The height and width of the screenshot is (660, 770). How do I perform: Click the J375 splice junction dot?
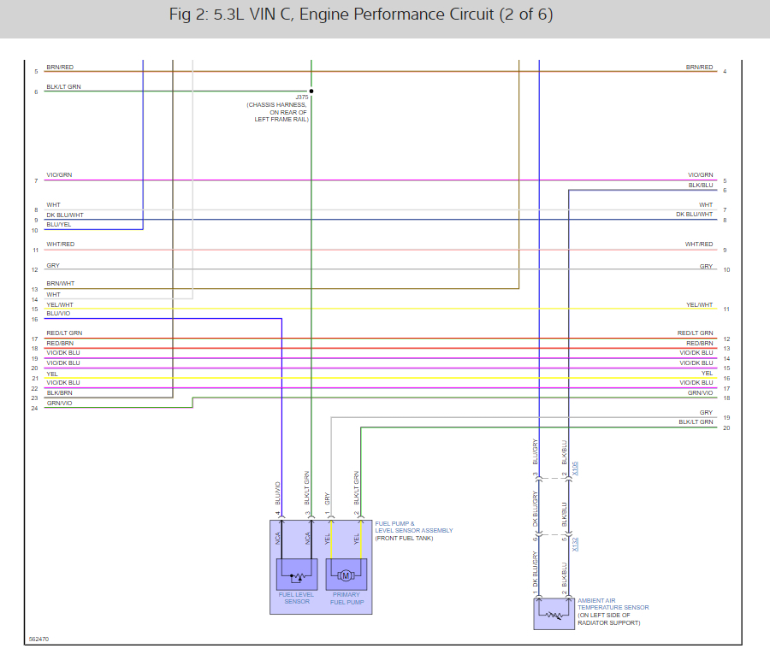[311, 91]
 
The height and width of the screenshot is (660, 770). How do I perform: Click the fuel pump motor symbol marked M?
[346, 575]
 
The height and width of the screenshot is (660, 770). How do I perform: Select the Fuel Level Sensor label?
[296, 598]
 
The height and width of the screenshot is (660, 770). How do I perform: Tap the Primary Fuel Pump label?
[347, 598]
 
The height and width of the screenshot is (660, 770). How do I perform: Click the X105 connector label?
[576, 468]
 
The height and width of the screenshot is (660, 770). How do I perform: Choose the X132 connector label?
[576, 544]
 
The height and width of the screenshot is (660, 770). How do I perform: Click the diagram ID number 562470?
[38, 639]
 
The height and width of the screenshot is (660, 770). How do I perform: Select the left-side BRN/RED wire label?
[60, 67]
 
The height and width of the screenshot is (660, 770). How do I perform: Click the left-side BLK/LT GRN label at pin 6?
[64, 86]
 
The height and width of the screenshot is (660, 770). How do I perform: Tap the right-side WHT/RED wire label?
[699, 245]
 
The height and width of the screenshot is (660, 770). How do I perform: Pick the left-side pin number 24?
[35, 408]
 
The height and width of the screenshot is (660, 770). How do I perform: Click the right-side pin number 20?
[726, 427]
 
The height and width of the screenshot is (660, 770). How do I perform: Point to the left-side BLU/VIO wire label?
[59, 314]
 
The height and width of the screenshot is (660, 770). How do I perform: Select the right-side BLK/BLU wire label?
[701, 186]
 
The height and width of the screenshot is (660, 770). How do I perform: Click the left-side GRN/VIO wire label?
[59, 403]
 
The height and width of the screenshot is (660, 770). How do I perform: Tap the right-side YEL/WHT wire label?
[699, 304]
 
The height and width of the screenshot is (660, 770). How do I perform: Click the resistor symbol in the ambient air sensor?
[554, 614]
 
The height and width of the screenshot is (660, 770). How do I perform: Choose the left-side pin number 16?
[35, 320]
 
